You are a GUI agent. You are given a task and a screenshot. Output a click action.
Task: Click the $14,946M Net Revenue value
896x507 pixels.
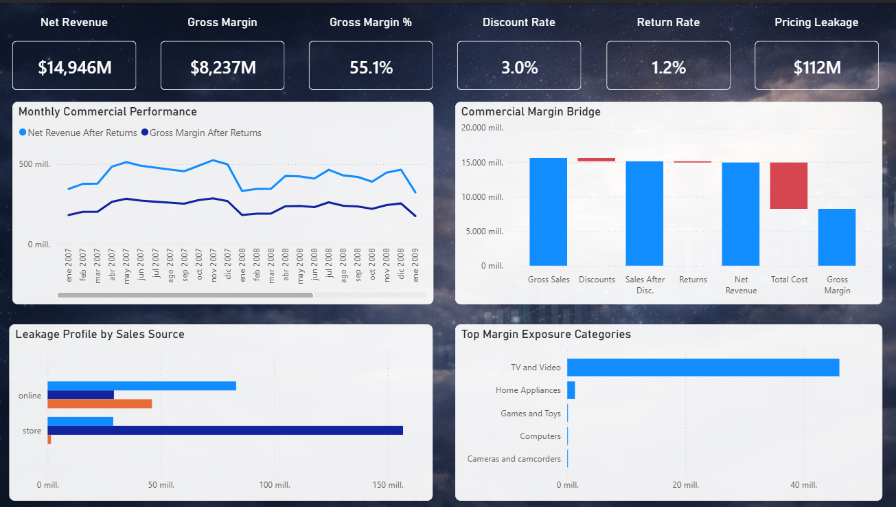(74, 67)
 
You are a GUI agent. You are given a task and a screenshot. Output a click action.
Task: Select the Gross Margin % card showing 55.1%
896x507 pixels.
(371, 67)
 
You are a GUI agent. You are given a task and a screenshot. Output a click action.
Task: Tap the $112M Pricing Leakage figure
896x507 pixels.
(816, 67)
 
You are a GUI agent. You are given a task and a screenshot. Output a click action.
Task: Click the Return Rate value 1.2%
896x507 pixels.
(668, 67)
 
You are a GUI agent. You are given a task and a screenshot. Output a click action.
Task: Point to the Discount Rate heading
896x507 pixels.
(518, 22)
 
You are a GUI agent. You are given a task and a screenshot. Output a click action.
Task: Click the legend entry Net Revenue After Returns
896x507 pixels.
(82, 133)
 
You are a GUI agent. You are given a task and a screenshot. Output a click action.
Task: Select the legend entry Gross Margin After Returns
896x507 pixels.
(205, 133)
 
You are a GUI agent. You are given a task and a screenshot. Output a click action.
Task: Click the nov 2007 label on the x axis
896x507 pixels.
(214, 265)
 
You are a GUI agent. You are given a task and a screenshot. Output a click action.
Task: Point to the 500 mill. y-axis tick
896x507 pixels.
(34, 164)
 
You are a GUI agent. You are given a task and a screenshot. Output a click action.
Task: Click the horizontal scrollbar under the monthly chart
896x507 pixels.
(185, 295)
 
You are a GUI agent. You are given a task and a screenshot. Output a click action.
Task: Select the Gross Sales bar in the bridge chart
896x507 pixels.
(548, 212)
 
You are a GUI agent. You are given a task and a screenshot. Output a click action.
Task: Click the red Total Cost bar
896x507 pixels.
(788, 185)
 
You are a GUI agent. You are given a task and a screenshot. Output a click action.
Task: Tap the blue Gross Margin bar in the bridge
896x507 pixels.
(836, 237)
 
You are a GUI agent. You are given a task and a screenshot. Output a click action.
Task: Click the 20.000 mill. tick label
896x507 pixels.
(482, 128)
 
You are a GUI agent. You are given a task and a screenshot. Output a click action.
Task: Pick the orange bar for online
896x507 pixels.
(100, 404)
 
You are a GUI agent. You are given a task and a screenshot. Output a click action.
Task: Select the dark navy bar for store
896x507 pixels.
(225, 430)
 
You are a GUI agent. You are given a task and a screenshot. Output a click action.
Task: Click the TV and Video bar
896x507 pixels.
(702, 367)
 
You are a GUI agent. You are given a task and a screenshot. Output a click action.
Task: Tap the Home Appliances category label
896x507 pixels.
(528, 390)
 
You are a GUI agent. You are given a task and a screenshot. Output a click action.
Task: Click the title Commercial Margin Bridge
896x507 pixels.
(531, 111)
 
